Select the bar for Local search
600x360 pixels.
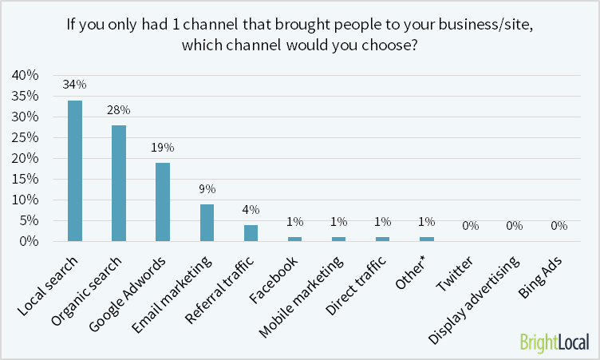pos(75,170)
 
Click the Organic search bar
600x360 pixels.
pos(119,183)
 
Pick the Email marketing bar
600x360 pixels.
pos(207,222)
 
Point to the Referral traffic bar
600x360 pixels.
pos(251,232)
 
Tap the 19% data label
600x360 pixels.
pos(163,148)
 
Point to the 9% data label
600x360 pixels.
pos(207,189)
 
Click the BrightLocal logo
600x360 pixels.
pos(553,341)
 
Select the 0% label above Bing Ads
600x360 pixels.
pos(558,226)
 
